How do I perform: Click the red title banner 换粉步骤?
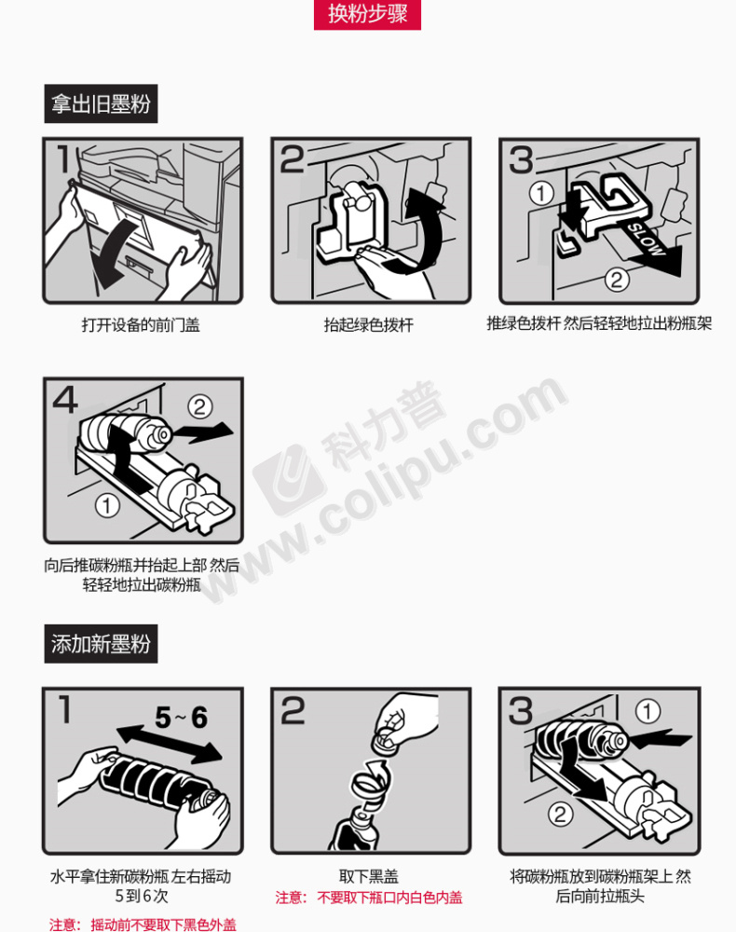pos(367,14)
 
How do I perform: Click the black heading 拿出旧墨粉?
pos(101,104)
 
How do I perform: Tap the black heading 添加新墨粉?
pos(101,644)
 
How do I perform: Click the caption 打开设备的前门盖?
pos(141,324)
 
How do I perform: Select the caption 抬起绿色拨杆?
pos(368,324)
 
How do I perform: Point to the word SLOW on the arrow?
pos(647,240)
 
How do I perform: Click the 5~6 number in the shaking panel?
pos(181,718)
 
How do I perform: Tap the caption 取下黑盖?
pos(368,876)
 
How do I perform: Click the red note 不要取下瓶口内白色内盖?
pos(389,897)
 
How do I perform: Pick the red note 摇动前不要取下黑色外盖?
pos(163,925)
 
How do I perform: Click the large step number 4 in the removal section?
pos(65,400)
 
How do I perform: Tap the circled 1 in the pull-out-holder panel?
pos(541,193)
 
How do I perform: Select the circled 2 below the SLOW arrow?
pos(617,280)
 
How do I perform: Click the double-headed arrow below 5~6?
pos(170,744)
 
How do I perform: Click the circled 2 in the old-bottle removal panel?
pos(199,407)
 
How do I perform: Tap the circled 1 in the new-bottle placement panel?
pos(647,711)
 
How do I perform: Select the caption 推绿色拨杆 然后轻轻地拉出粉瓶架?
pos(599,323)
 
